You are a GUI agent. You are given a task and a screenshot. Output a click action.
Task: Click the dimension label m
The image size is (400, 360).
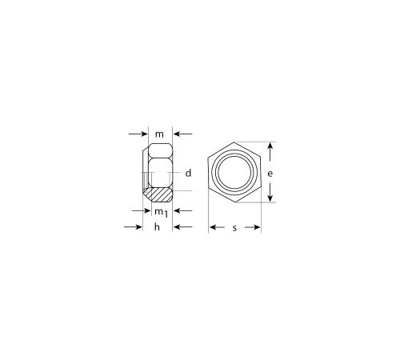[x=159, y=134]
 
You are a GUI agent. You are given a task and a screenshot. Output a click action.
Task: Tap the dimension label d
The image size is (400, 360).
[x=188, y=173]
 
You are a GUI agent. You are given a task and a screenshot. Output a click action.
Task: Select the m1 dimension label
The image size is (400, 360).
[x=162, y=213]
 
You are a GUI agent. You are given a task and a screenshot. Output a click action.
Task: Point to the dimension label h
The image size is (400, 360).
[x=157, y=227]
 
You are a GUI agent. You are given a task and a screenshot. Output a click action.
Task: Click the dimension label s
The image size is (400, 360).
[x=234, y=228]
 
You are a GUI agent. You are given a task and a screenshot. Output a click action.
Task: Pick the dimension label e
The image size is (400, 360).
[x=270, y=174]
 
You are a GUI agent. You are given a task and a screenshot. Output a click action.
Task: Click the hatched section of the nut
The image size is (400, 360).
[x=159, y=194]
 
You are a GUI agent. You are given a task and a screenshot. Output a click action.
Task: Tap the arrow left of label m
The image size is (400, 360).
[x=138, y=134]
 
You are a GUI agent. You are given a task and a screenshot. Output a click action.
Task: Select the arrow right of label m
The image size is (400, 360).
[x=182, y=134]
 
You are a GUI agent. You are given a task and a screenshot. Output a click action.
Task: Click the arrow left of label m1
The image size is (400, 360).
[x=142, y=211]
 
